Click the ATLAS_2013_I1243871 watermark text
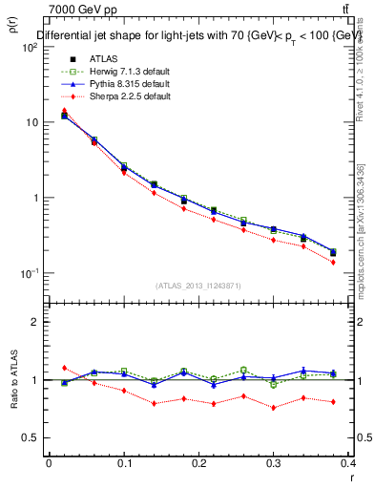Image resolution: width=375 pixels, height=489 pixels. tap(199, 286)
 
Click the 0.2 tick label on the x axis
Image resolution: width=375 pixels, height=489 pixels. tap(198, 464)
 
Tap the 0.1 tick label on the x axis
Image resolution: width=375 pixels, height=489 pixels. tap(124, 464)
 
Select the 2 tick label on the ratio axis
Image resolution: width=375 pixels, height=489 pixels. tap(34, 323)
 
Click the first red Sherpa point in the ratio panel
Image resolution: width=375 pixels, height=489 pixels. tap(64, 368)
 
